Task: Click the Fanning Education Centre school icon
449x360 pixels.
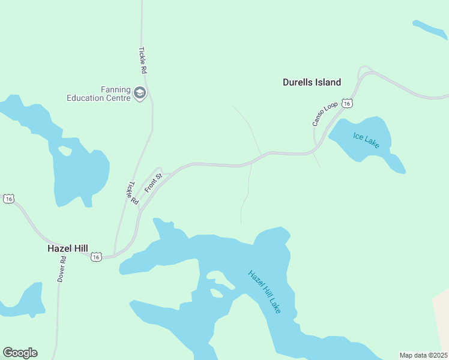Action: (140, 93)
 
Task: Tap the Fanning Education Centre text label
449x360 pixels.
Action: (98, 94)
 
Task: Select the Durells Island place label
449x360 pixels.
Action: (312, 83)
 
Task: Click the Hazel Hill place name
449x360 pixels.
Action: (68, 248)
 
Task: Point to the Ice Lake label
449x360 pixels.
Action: (366, 140)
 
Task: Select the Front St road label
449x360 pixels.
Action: (154, 182)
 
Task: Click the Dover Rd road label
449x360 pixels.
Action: (62, 269)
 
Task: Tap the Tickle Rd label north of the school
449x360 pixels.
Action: (143, 61)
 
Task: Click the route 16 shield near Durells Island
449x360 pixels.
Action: (347, 104)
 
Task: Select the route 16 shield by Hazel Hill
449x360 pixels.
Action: (96, 257)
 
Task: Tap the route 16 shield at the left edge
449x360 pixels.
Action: (8, 199)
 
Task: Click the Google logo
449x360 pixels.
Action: (20, 353)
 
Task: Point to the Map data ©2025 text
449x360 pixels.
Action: (424, 355)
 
